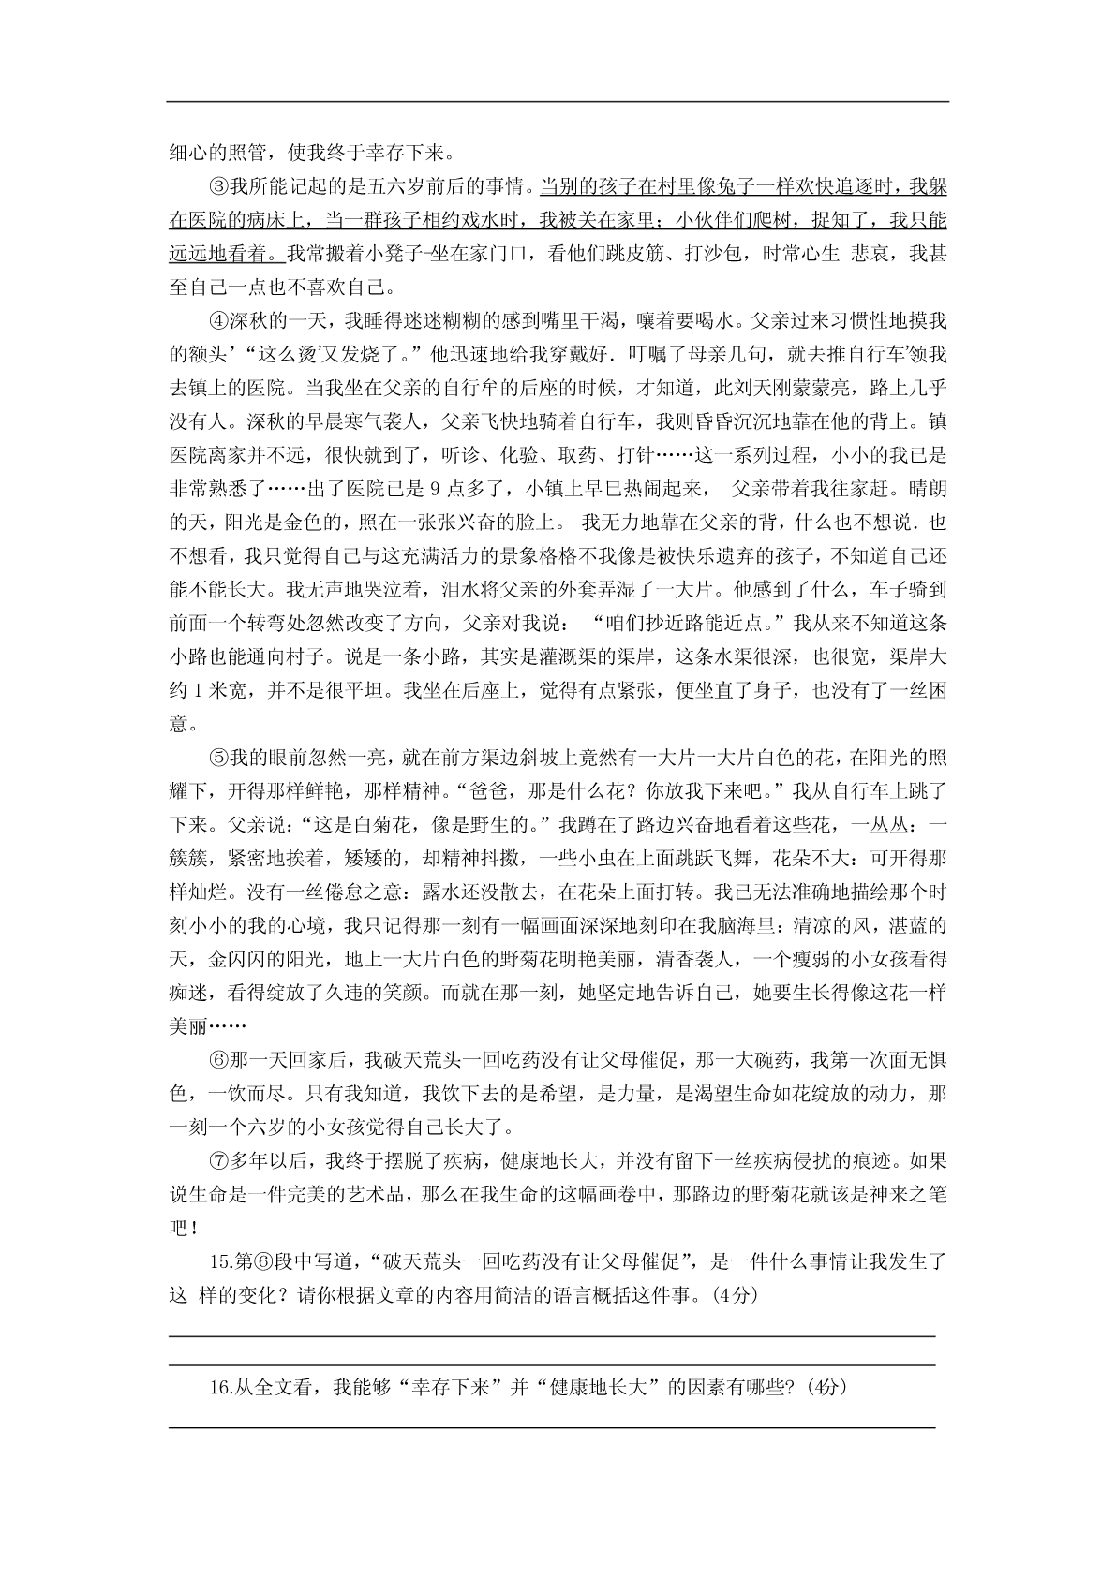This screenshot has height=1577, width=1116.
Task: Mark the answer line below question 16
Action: [x=551, y=1427]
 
